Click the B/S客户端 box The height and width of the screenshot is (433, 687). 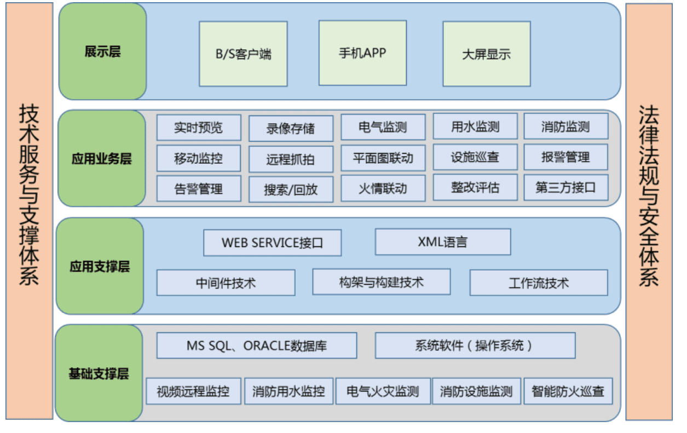tap(243, 54)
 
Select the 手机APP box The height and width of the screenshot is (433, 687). tap(362, 53)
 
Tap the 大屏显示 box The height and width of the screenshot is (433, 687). tap(487, 54)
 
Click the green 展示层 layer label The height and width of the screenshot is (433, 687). tap(102, 51)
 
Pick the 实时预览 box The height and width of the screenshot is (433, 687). tap(199, 128)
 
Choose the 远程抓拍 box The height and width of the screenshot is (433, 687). tap(291, 159)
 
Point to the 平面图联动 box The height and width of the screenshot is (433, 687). tap(383, 158)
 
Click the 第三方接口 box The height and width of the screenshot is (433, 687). tap(566, 187)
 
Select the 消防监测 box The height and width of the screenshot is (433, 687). tap(566, 126)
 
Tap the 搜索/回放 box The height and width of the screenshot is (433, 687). tap(291, 189)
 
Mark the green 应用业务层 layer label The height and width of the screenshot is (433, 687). tap(101, 158)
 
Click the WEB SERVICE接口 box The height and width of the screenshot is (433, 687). tap(273, 243)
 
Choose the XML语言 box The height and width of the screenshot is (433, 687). tap(443, 241)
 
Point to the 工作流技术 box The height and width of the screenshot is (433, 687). tap(539, 283)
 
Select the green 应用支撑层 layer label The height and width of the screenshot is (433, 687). tap(100, 266)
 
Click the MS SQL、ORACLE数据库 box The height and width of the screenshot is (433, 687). tap(257, 345)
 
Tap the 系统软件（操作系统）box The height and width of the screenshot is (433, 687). tap(475, 345)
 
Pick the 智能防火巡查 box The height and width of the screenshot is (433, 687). tap(568, 391)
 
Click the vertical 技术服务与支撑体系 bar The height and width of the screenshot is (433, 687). tap(30, 211)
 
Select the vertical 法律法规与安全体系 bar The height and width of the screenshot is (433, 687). tap(649, 212)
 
